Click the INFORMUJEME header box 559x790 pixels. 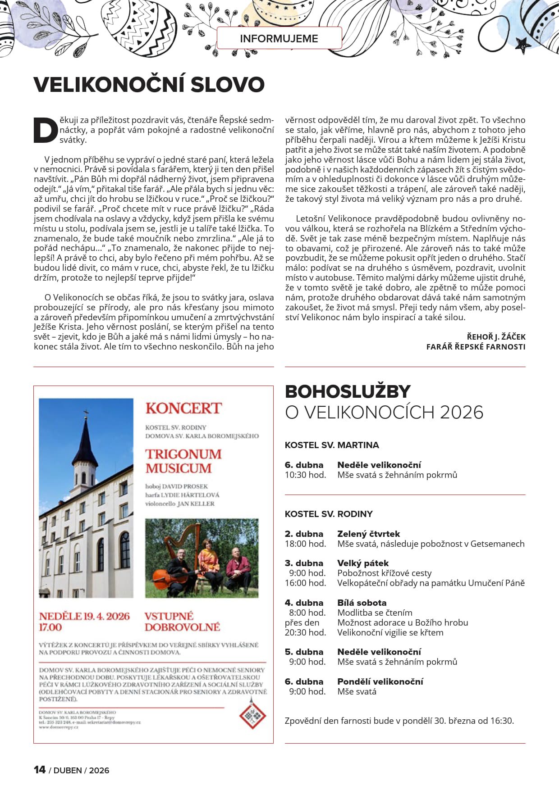pos(279,38)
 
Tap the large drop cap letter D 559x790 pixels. pos(46,131)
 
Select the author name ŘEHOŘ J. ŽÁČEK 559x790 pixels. pos(496,337)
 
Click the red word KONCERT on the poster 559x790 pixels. pos(183,409)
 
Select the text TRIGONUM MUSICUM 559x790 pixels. pos(183,461)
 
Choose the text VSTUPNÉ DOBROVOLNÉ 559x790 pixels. pos(182,622)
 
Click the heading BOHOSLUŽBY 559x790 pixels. pos(348,391)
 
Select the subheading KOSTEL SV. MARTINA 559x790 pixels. pos(332,445)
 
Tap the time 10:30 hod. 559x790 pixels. pos(305,475)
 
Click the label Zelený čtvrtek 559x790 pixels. pos(368,534)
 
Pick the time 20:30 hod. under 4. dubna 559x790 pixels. pos(305,632)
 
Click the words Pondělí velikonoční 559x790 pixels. pos(380,681)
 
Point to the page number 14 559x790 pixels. pos(40,770)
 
